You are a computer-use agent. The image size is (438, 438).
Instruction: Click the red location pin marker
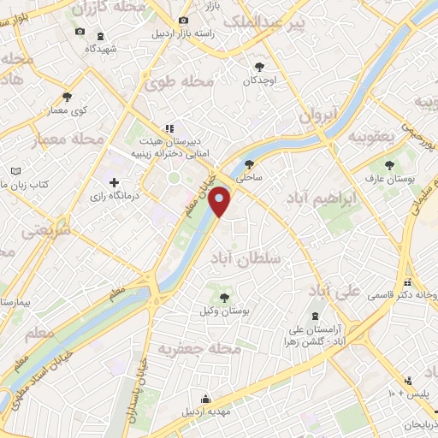pos(221,202)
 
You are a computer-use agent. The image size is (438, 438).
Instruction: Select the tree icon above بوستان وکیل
pos(224,298)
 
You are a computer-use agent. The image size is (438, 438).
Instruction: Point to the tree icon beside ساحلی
pos(249,164)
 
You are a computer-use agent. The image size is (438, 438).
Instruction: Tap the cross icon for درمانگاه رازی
pos(115,182)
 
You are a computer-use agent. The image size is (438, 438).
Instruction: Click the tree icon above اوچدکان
pos(259,66)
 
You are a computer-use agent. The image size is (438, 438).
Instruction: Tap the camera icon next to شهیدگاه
pos(80,32)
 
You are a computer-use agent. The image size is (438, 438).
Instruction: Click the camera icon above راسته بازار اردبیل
pos(182,20)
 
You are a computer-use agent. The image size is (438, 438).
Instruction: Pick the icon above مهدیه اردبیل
pos(206,398)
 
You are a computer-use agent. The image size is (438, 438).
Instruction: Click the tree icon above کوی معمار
pos(67,97)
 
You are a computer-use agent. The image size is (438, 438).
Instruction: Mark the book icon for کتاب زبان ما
pos(15,171)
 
